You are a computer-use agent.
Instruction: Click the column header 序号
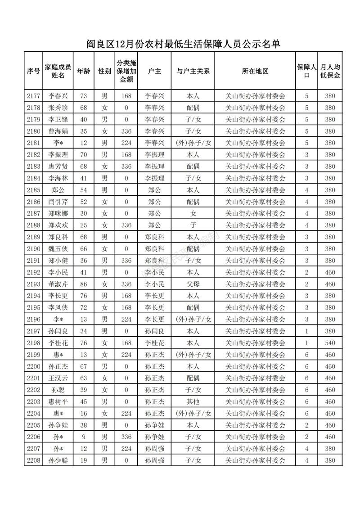[x=34, y=71]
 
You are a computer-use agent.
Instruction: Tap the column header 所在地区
[x=255, y=71]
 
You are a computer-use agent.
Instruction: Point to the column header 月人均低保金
[x=330, y=71]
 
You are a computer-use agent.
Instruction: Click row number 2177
[x=34, y=96]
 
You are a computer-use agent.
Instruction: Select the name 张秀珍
[x=58, y=108]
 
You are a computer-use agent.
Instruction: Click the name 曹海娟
[x=58, y=131]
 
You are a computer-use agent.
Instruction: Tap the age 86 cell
[x=83, y=284]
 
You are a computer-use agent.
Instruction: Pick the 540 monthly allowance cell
[x=330, y=343]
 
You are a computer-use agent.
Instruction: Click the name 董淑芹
[x=58, y=284]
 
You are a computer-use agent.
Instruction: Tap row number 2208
[x=34, y=460]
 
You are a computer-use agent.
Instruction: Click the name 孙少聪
[x=58, y=460]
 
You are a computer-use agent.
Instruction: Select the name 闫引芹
[x=58, y=202]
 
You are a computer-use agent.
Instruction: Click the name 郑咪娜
[x=58, y=213]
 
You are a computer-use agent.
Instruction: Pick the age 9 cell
[x=83, y=437]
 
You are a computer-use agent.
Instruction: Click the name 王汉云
[x=58, y=378]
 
